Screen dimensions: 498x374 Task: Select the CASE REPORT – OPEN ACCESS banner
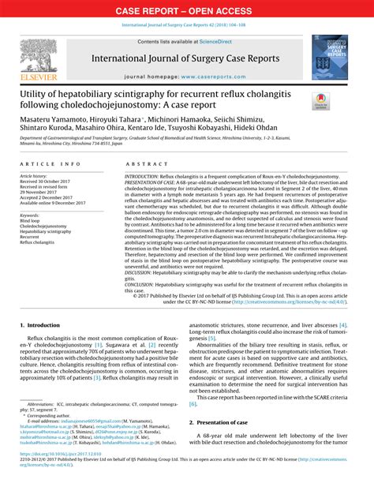click(x=186, y=10)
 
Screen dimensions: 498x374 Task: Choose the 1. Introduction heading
click(x=44, y=324)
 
